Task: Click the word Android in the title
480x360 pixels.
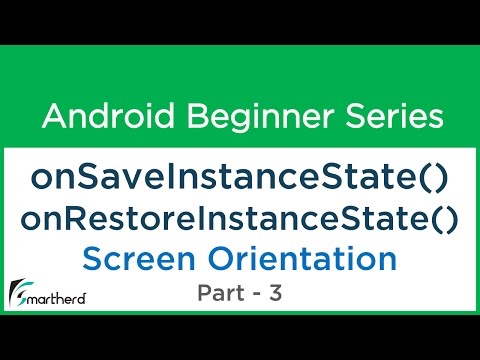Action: pos(103,117)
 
